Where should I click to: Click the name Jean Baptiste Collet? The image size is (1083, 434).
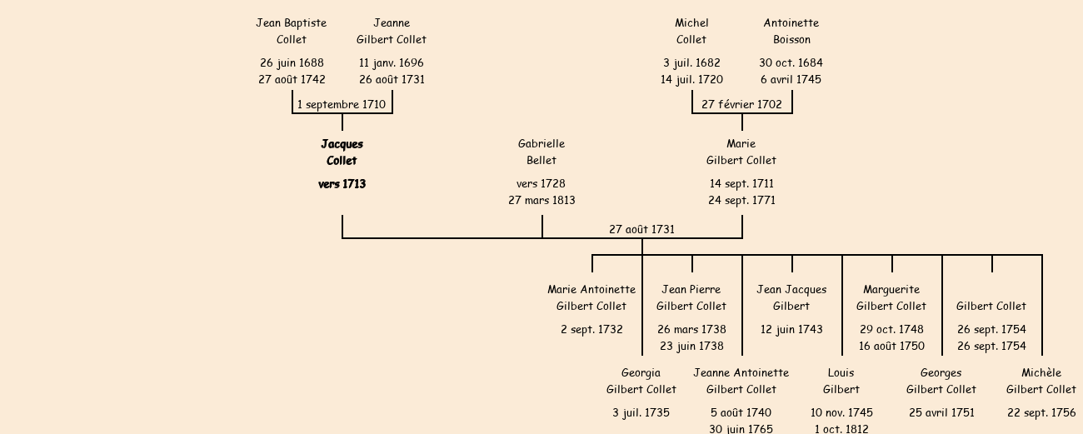(292, 31)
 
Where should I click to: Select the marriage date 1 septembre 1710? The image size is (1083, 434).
(342, 105)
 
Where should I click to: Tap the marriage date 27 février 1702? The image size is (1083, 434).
(741, 105)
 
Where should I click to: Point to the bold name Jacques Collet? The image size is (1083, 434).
(342, 152)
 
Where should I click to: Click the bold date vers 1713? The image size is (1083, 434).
(342, 184)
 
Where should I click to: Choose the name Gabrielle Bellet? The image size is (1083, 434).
(541, 152)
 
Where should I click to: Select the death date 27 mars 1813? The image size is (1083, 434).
(541, 201)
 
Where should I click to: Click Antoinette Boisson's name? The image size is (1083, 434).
(791, 31)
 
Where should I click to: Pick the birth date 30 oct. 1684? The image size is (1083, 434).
(791, 63)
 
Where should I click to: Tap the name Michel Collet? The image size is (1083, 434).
(691, 31)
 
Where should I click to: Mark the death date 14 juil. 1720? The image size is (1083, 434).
(691, 80)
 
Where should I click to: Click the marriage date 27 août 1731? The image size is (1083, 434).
(641, 229)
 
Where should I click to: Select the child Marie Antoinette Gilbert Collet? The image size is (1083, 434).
(591, 297)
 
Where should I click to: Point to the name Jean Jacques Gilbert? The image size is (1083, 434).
(791, 297)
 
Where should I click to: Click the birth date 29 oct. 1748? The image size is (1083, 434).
(891, 330)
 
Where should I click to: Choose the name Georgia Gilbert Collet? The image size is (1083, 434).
(641, 381)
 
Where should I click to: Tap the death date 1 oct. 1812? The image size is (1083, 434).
(841, 429)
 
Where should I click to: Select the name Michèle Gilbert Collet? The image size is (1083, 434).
(1041, 381)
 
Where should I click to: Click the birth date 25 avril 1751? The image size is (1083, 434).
(941, 413)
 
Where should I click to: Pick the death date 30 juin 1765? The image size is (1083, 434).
(741, 429)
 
